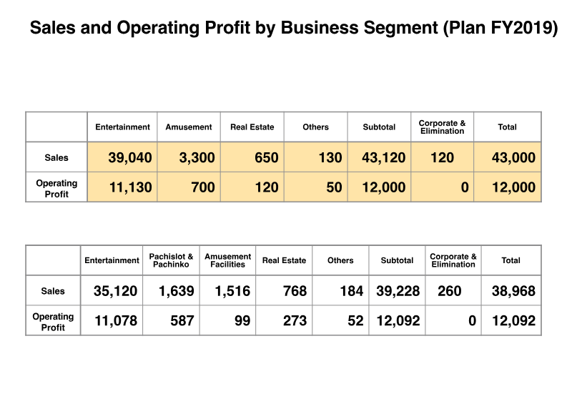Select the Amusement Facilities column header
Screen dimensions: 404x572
tap(228, 260)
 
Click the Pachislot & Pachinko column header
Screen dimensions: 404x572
tap(171, 260)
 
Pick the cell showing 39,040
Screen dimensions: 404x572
tap(130, 157)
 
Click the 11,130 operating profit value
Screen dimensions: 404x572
tap(130, 187)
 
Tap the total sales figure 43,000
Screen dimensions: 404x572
tap(513, 157)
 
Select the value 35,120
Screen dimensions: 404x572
tap(116, 291)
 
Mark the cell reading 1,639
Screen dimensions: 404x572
tap(173, 291)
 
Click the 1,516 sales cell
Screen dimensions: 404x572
tap(230, 291)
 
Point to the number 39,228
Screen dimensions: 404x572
tap(398, 291)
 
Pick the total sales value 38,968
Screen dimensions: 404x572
tap(513, 291)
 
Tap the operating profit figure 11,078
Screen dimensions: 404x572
tap(116, 321)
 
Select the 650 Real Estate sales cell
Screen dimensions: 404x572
tap(266, 157)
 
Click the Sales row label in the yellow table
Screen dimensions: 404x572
tap(56, 157)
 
